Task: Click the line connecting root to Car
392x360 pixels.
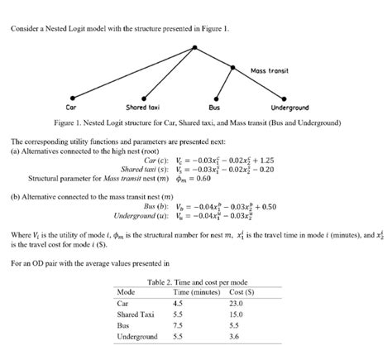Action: click(132, 73)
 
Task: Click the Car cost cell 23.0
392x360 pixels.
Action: click(242, 303)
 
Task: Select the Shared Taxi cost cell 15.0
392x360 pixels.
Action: click(242, 314)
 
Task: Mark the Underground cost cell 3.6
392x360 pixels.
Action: click(239, 338)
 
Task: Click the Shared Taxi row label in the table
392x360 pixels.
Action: click(136, 314)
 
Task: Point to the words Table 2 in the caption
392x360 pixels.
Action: click(159, 282)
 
